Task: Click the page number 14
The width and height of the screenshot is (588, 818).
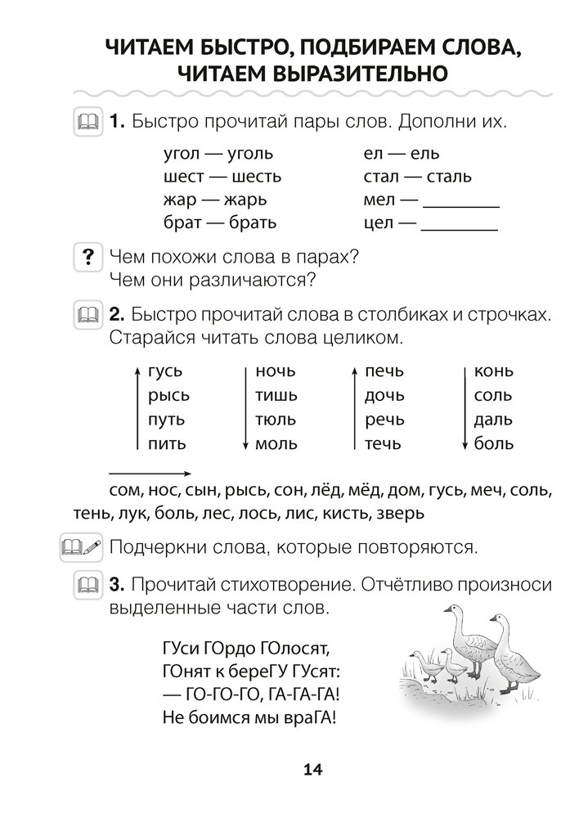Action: coord(313,769)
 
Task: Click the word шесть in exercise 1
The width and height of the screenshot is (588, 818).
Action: coord(256,176)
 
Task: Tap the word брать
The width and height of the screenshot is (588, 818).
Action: coord(253,222)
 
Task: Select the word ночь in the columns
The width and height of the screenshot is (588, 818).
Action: coord(275,372)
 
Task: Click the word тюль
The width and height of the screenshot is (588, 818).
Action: coord(276,420)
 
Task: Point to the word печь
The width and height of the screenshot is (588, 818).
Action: coord(384,372)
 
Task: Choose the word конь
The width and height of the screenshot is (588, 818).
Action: coord(493,372)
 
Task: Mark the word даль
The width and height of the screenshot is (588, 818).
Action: coord(493,420)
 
